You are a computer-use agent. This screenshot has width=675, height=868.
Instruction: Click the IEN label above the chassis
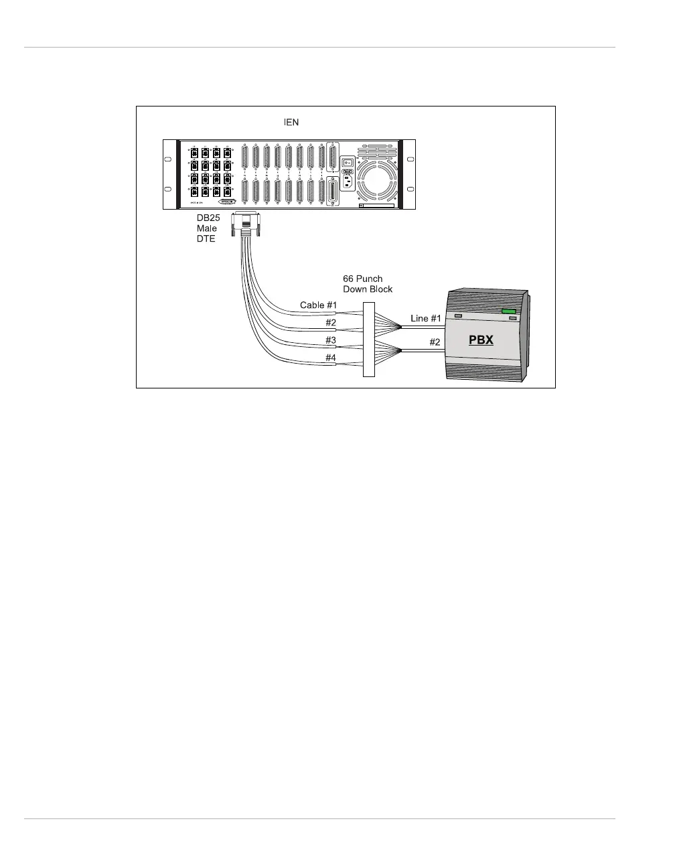tap(291, 123)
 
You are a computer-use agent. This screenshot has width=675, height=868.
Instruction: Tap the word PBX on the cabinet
tap(481, 340)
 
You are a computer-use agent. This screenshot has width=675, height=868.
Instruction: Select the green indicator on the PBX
tap(509, 311)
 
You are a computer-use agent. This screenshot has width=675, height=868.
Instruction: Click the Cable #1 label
tap(318, 305)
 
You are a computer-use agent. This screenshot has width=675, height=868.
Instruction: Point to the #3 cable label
tap(331, 340)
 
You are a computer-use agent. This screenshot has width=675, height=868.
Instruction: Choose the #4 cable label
tap(331, 358)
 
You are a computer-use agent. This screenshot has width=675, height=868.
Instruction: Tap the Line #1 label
tap(426, 318)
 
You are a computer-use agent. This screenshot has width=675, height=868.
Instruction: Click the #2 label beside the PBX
tap(435, 342)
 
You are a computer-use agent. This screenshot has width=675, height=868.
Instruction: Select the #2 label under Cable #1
tap(331, 323)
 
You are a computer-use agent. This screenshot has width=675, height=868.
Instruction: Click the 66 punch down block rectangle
tap(369, 339)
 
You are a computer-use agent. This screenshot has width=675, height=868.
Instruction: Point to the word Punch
tap(370, 279)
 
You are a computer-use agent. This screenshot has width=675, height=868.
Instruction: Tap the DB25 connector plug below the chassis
tap(245, 224)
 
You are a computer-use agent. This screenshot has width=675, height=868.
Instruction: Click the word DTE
tap(206, 239)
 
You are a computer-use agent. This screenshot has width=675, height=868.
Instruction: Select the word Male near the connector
tap(207, 228)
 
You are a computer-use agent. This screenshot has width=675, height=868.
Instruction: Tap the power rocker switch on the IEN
tap(348, 161)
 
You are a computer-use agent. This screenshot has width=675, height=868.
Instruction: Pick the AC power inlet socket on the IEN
tap(348, 181)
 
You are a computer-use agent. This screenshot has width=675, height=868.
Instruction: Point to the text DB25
tap(208, 218)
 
